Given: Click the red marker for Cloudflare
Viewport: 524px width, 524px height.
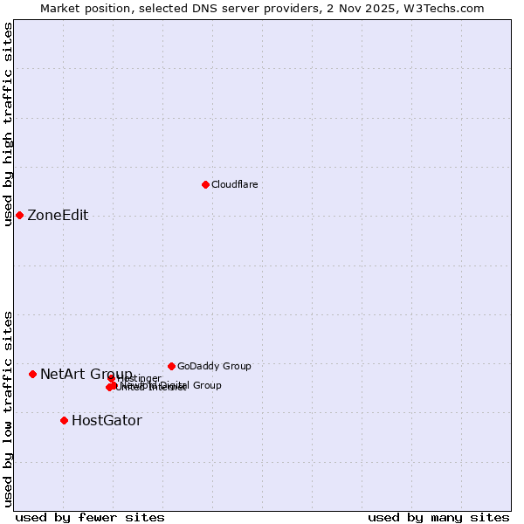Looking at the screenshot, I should tap(205, 184).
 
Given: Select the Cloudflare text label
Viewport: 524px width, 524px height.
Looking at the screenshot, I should tap(234, 184).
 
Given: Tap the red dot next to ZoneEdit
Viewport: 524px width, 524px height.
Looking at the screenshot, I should tap(19, 215).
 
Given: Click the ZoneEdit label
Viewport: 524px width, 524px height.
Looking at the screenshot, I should tap(58, 216).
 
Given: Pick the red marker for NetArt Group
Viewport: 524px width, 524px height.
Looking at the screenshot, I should tap(32, 374).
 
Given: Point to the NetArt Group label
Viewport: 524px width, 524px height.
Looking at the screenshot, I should tap(86, 374).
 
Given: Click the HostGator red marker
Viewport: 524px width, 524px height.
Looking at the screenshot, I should tap(64, 420).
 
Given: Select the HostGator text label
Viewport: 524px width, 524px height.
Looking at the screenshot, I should tap(107, 421).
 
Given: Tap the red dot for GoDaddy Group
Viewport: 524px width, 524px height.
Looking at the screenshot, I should tap(171, 366).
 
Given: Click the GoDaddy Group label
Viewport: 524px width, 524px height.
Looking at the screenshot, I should tap(214, 366).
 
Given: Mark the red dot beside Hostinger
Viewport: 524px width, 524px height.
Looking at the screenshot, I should tap(112, 378).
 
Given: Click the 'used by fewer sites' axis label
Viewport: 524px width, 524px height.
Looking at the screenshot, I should tap(90, 517).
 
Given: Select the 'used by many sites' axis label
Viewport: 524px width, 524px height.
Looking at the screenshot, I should tap(438, 517).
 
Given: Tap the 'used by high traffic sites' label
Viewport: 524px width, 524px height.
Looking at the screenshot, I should tap(9, 124).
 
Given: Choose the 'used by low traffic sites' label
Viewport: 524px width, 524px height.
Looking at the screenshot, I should tap(9, 409).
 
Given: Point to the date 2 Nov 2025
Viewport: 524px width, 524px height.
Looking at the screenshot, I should tap(367, 8).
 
